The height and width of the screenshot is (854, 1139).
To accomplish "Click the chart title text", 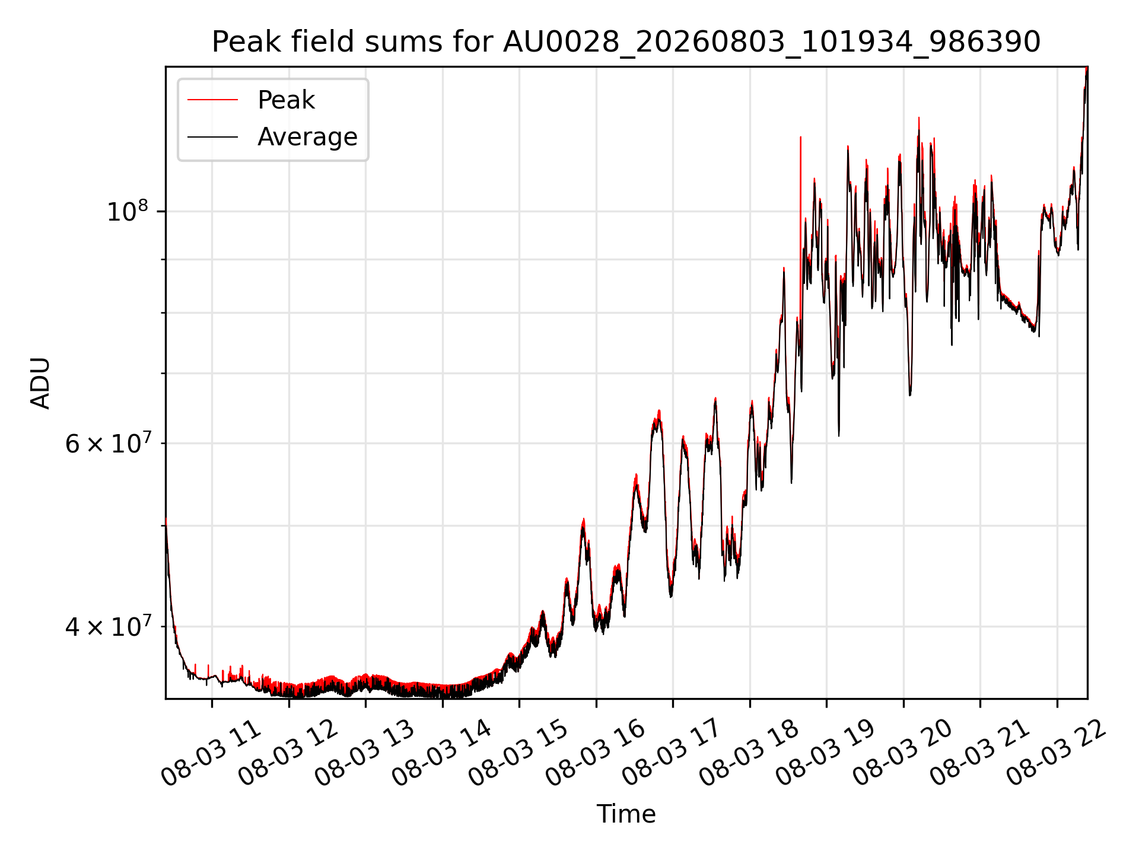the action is click(626, 42).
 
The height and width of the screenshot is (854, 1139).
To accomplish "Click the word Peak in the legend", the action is click(286, 100).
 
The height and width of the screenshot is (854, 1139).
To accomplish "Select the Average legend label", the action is click(307, 137).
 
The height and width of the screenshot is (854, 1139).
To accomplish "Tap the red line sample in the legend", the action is click(212, 100).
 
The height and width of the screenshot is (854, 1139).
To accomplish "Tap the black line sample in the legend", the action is click(212, 137).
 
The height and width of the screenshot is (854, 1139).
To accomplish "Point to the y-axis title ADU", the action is click(40, 383).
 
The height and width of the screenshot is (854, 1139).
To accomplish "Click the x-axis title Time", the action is click(626, 814).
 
